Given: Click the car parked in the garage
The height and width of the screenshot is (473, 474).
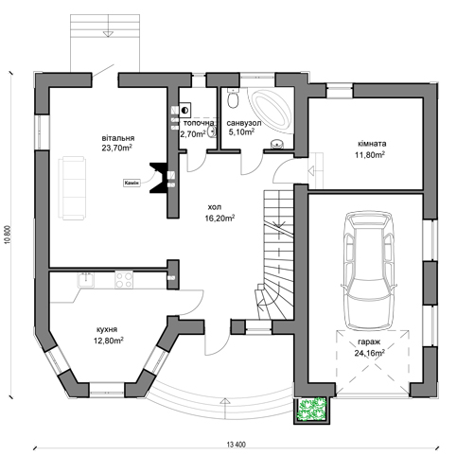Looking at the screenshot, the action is click(x=369, y=271).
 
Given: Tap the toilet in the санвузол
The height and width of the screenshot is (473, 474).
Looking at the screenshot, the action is click(x=233, y=98).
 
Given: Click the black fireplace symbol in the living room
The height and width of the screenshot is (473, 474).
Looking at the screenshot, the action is click(x=158, y=178).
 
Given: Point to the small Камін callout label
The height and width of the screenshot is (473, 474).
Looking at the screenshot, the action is click(x=132, y=183).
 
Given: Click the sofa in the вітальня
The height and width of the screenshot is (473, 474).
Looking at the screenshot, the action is click(x=72, y=187).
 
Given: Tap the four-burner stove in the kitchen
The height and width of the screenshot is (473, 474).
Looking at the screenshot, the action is click(x=124, y=279).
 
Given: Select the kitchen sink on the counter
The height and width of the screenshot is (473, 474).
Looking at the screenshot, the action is click(x=86, y=279).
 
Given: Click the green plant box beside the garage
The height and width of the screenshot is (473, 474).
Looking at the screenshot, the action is click(x=312, y=410).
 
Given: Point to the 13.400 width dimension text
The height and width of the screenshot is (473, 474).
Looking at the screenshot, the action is click(x=236, y=445).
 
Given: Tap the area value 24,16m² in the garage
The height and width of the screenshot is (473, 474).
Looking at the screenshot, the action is click(x=370, y=353).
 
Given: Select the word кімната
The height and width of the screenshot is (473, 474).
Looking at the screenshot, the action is click(x=372, y=144).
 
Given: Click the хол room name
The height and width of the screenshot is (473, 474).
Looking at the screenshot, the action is click(x=215, y=207).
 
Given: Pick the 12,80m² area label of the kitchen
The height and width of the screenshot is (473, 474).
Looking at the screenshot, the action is click(x=109, y=341).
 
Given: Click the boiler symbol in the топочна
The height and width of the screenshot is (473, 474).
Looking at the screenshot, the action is click(x=184, y=111).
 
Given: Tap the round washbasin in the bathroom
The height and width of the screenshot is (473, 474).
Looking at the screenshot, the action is click(x=277, y=144).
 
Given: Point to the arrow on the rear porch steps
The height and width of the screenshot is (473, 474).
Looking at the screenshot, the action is click(x=108, y=34).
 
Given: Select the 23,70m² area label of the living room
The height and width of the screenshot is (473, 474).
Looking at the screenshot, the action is click(x=116, y=148).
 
